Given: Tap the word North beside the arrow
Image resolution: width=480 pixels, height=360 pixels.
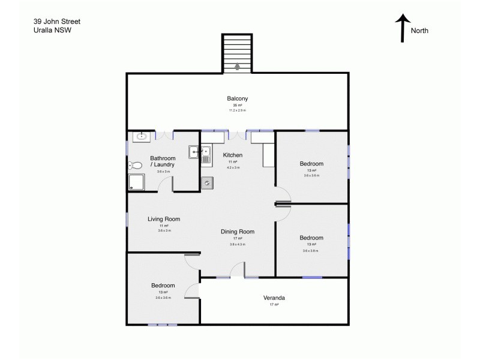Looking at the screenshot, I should point(420,31).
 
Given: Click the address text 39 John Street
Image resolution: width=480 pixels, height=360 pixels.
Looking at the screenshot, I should point(57,22).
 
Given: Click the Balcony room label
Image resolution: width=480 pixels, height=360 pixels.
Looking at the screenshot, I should point(238,99).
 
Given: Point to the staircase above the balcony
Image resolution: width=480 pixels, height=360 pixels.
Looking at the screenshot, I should point(237,53).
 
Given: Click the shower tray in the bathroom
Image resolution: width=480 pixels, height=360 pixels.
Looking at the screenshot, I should point(136,183).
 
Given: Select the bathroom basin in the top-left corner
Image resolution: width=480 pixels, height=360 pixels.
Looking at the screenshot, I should point(141,137).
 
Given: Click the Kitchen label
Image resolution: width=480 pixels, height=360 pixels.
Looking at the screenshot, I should point(232,155).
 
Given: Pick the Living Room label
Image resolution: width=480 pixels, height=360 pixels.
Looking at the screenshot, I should point(164,220).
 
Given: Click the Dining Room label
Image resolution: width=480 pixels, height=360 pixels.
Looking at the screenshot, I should point(238,232).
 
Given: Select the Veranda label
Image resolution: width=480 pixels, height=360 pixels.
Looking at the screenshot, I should point(274,298).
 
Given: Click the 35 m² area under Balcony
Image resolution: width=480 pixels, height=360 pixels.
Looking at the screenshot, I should point(238,106).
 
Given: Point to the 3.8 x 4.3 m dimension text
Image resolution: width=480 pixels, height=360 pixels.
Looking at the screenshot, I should point(238,245).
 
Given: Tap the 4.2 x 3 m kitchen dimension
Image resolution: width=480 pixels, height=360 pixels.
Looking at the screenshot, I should point(232,167).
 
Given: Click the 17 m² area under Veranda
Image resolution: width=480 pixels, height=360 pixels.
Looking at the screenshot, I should point(274,305).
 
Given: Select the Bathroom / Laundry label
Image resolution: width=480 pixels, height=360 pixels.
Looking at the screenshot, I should point(163,161).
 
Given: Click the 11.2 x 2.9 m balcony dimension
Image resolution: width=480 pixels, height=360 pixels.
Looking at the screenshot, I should point(238,111).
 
